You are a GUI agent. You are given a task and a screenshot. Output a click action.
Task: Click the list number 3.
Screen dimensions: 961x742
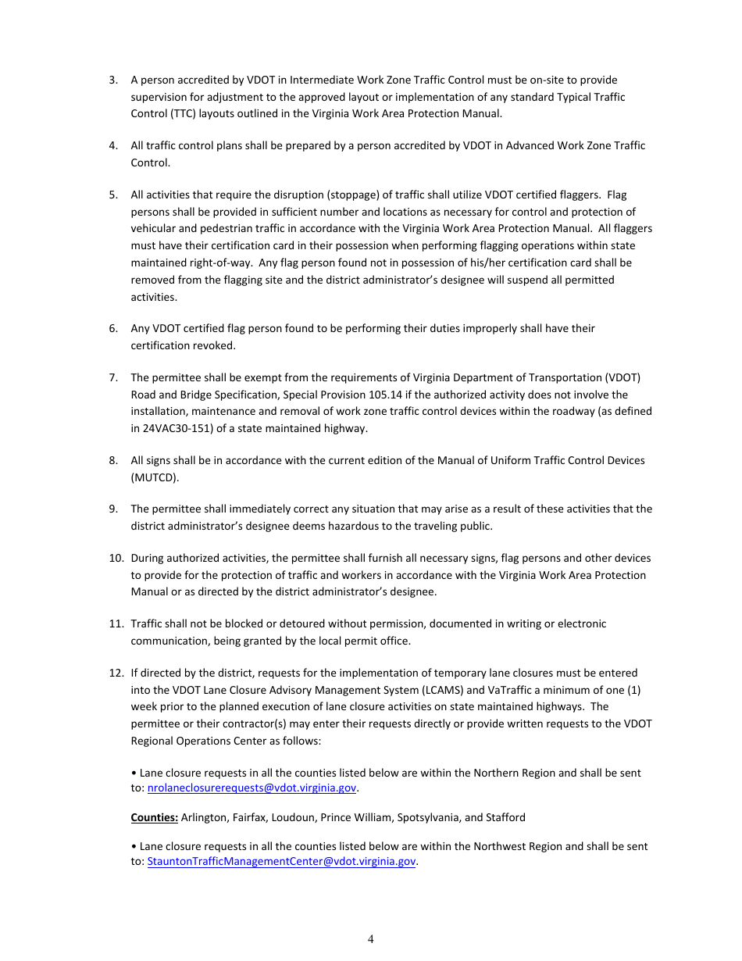tap(113, 80)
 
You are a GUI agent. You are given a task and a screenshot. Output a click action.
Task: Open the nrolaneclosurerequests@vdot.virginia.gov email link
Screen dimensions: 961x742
tap(251, 788)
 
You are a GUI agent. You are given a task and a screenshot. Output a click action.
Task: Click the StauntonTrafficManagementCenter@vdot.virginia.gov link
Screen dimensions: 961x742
tap(281, 861)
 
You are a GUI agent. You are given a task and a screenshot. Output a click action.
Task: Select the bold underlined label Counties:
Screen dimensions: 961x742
tap(155, 817)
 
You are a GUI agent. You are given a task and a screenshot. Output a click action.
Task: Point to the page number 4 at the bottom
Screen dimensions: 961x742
tap(371, 939)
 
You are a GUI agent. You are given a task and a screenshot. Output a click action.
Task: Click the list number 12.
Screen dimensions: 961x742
tap(116, 673)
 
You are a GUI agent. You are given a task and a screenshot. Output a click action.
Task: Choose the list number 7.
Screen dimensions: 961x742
tap(113, 377)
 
